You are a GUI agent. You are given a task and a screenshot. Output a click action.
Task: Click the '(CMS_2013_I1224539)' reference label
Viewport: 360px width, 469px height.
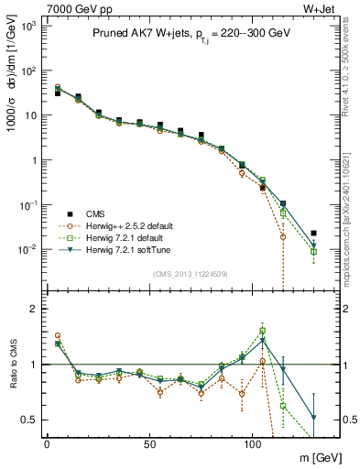coord(190,273)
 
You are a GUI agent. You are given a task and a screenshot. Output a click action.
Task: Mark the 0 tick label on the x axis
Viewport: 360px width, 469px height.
coord(47,443)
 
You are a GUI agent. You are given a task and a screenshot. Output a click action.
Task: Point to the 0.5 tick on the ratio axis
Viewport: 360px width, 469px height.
coord(28,420)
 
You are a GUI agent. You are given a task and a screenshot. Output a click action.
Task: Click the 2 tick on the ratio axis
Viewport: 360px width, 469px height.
coord(33,309)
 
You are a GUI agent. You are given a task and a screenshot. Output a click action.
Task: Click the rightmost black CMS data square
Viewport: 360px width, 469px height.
coord(314,234)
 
